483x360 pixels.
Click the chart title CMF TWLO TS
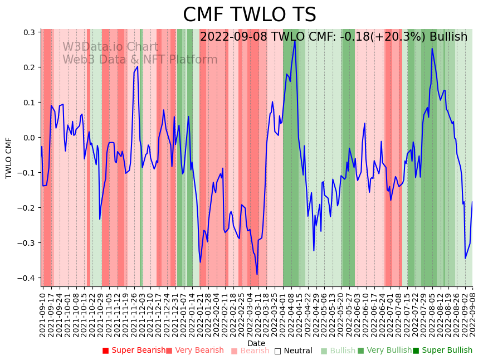pos(249,15)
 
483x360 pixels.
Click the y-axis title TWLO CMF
pos(9,158)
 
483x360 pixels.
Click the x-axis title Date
pos(256,343)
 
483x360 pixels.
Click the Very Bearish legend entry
pos(194,351)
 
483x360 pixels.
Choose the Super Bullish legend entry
pos(442,351)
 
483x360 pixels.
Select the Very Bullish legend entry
pos(384,351)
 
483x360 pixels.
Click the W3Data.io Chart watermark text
pos(110,47)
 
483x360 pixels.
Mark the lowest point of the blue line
pos(257,274)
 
